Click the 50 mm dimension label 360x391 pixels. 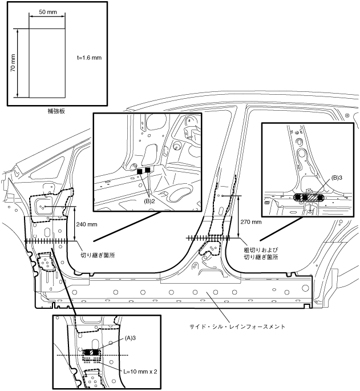(x=47, y=11)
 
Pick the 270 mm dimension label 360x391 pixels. (x=250, y=221)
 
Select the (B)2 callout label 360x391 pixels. (x=149, y=201)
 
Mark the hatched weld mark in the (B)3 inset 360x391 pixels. (x=307, y=197)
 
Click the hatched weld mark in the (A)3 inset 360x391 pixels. (x=91, y=352)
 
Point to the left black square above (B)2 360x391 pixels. (x=140, y=171)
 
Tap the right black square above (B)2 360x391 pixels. (x=148, y=170)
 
